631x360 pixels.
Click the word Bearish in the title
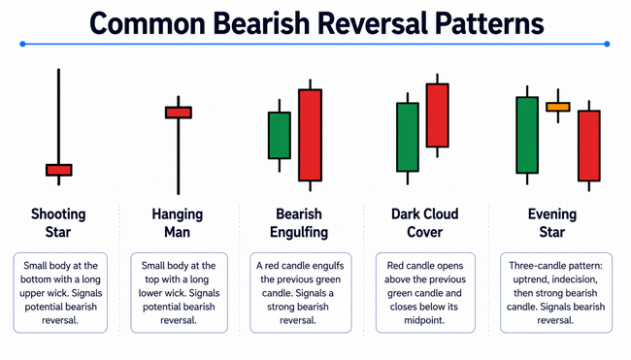pos(261,23)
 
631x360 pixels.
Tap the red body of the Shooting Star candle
pos(59,170)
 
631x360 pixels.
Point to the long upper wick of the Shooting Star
pos(59,116)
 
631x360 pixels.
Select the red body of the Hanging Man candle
pos(179,113)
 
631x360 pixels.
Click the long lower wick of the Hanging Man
pos(179,156)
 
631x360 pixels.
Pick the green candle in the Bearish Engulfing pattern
pos(280,135)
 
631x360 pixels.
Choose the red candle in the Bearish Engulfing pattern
pos(310,135)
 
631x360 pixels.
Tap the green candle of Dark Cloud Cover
pos(408,137)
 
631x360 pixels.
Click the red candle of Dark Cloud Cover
pos(438,115)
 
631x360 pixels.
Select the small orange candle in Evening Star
pos(558,107)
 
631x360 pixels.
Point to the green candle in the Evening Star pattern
pos(527,135)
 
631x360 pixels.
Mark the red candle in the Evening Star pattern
pos(589,146)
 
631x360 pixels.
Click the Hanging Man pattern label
pos(178,223)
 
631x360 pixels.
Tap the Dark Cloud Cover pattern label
pos(425,223)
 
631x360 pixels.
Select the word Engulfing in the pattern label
pos(299,233)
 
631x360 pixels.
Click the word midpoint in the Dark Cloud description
pos(424,320)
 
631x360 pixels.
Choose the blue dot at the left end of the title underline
pos(22,44)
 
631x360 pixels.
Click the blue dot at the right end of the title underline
pos(607,44)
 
